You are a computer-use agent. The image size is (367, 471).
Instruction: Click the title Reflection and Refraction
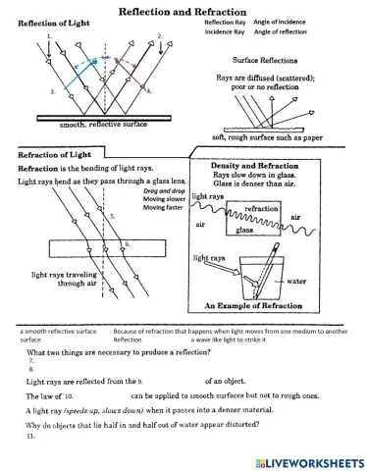coord(182,9)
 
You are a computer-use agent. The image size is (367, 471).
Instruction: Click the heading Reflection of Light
coord(51,22)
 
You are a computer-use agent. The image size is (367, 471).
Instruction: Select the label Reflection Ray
coord(225,21)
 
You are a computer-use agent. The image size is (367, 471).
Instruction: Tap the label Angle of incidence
coord(280,21)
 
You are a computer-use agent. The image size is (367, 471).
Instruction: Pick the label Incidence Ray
coord(225,31)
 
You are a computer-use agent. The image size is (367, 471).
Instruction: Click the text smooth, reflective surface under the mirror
coord(87,126)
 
